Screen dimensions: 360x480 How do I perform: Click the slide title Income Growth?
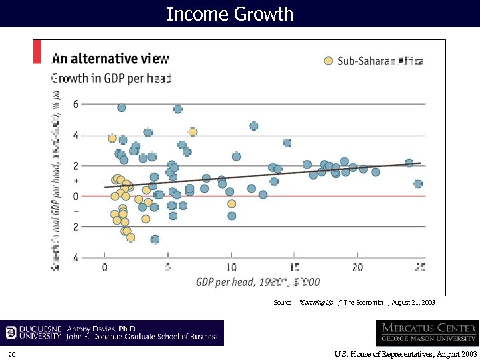pyautogui.click(x=229, y=14)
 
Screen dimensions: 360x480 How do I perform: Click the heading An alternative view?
pyautogui.click(x=111, y=58)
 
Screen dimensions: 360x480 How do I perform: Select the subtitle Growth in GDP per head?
pyautogui.click(x=111, y=78)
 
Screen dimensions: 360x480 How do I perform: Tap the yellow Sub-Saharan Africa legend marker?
pyautogui.click(x=328, y=61)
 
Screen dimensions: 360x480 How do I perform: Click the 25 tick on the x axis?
pyautogui.click(x=421, y=267)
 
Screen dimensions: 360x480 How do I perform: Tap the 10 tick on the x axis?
pyautogui.click(x=231, y=267)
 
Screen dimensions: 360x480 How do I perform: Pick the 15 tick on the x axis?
pyautogui.click(x=295, y=267)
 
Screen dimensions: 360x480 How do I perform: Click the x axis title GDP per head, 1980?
pyautogui.click(x=258, y=281)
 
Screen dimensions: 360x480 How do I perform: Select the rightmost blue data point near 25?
pyautogui.click(x=418, y=183)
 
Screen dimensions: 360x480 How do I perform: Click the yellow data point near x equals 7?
pyautogui.click(x=192, y=132)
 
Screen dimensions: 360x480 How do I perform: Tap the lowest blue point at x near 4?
pyautogui.click(x=155, y=239)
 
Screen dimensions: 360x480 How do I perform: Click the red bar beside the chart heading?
pyautogui.click(x=37, y=52)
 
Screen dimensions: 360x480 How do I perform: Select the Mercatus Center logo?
pyautogui.click(x=426, y=333)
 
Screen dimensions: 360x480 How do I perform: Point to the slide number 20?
pyautogui.click(x=12, y=353)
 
